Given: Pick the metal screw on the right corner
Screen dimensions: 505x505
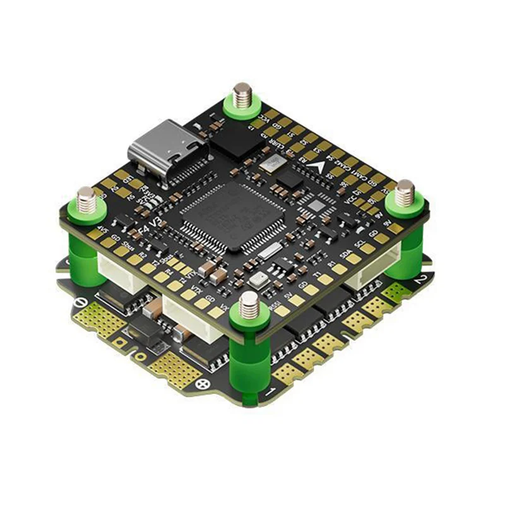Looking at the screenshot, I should pyautogui.click(x=405, y=191).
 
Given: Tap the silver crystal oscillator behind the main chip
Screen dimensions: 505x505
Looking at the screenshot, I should pyautogui.click(x=272, y=164).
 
